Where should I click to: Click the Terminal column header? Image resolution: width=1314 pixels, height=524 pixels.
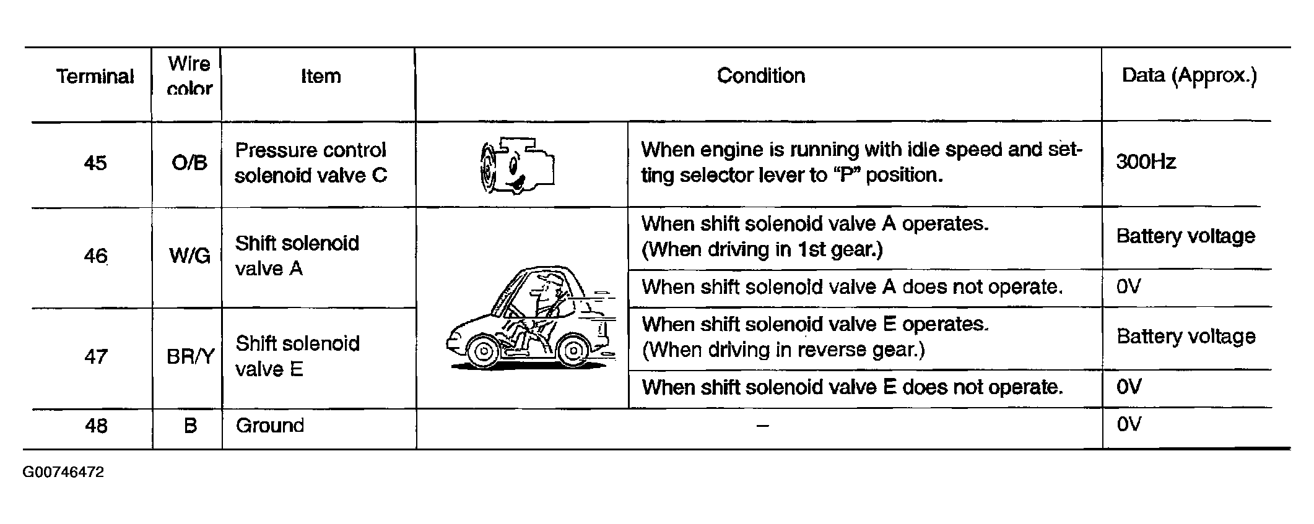point(95,76)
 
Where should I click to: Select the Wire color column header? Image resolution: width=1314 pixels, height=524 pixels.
point(189,75)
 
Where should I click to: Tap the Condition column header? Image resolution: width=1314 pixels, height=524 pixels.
point(761,75)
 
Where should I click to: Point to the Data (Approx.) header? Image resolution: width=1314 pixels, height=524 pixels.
point(1189,75)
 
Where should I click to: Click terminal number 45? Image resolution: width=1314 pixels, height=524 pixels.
point(95,163)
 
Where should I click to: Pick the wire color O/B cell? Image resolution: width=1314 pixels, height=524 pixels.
point(189,163)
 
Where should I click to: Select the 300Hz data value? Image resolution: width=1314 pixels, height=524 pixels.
point(1146,162)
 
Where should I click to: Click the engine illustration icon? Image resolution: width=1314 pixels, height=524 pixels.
point(517,165)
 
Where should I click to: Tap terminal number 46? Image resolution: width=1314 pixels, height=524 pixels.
point(95,256)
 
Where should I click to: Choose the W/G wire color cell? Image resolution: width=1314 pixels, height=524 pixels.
point(189,256)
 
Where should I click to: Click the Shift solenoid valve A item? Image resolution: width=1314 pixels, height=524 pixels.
point(297,256)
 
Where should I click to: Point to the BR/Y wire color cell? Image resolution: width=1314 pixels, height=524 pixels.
point(190,356)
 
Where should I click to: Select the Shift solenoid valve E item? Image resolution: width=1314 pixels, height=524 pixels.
point(297,356)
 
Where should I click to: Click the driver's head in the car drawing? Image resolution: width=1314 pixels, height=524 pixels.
point(548,285)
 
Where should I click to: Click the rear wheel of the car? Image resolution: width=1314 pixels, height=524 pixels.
point(573,351)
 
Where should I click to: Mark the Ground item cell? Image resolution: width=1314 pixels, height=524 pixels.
point(270,426)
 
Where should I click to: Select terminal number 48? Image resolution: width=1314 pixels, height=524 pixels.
point(96,426)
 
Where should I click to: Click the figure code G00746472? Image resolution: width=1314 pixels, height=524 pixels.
point(63,473)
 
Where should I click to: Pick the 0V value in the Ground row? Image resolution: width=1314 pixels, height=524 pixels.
point(1128,424)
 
